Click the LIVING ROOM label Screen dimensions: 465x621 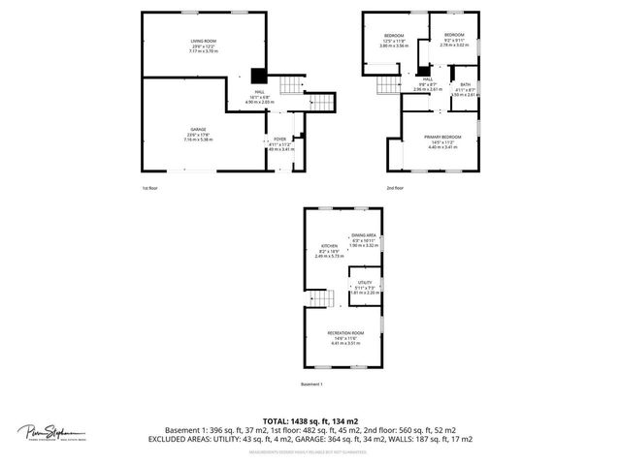click(x=202, y=40)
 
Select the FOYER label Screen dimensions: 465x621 click(x=279, y=139)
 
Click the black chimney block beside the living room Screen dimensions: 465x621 click(x=258, y=77)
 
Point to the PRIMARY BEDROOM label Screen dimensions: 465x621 click(x=442, y=137)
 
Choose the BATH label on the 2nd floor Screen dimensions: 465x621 click(x=466, y=84)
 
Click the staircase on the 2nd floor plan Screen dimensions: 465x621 click(x=389, y=89)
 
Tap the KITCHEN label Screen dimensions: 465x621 click(x=329, y=246)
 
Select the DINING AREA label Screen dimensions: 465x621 click(x=364, y=235)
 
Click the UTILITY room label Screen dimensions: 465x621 click(x=365, y=282)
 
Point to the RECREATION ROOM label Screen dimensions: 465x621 click(x=345, y=333)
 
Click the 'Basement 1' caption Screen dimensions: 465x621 click(x=311, y=385)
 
